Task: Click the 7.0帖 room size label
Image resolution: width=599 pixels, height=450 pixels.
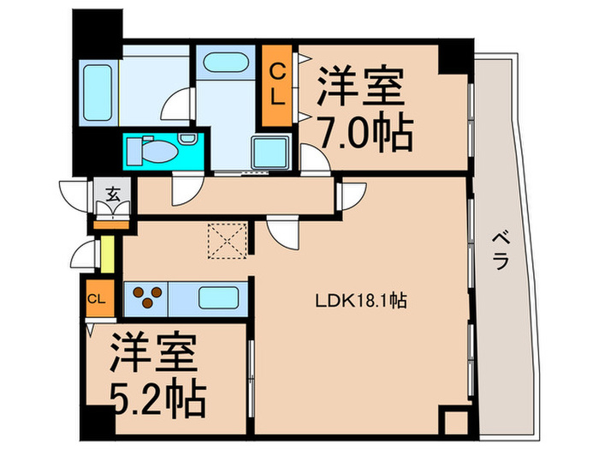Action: click(x=366, y=133)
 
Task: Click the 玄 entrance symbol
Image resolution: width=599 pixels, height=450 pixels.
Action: click(x=113, y=194)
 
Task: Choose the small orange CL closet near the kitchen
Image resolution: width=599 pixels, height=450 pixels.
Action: click(x=97, y=299)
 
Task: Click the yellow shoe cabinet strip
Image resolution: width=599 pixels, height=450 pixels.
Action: click(x=108, y=252)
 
